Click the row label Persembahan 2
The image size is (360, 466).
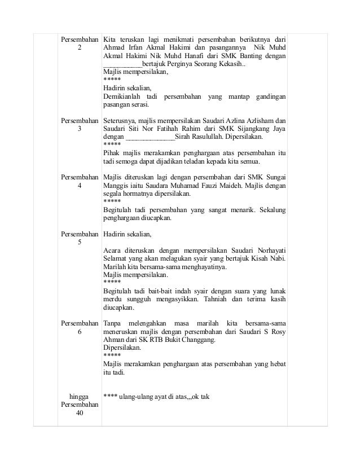pos(79,44)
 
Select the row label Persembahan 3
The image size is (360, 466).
pos(79,125)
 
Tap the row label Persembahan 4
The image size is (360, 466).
pos(79,181)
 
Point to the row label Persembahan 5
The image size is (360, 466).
pos(79,238)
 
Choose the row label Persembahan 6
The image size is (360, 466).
pos(79,327)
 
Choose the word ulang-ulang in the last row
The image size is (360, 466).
pos(136,396)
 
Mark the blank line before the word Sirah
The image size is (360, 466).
pos(150,137)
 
